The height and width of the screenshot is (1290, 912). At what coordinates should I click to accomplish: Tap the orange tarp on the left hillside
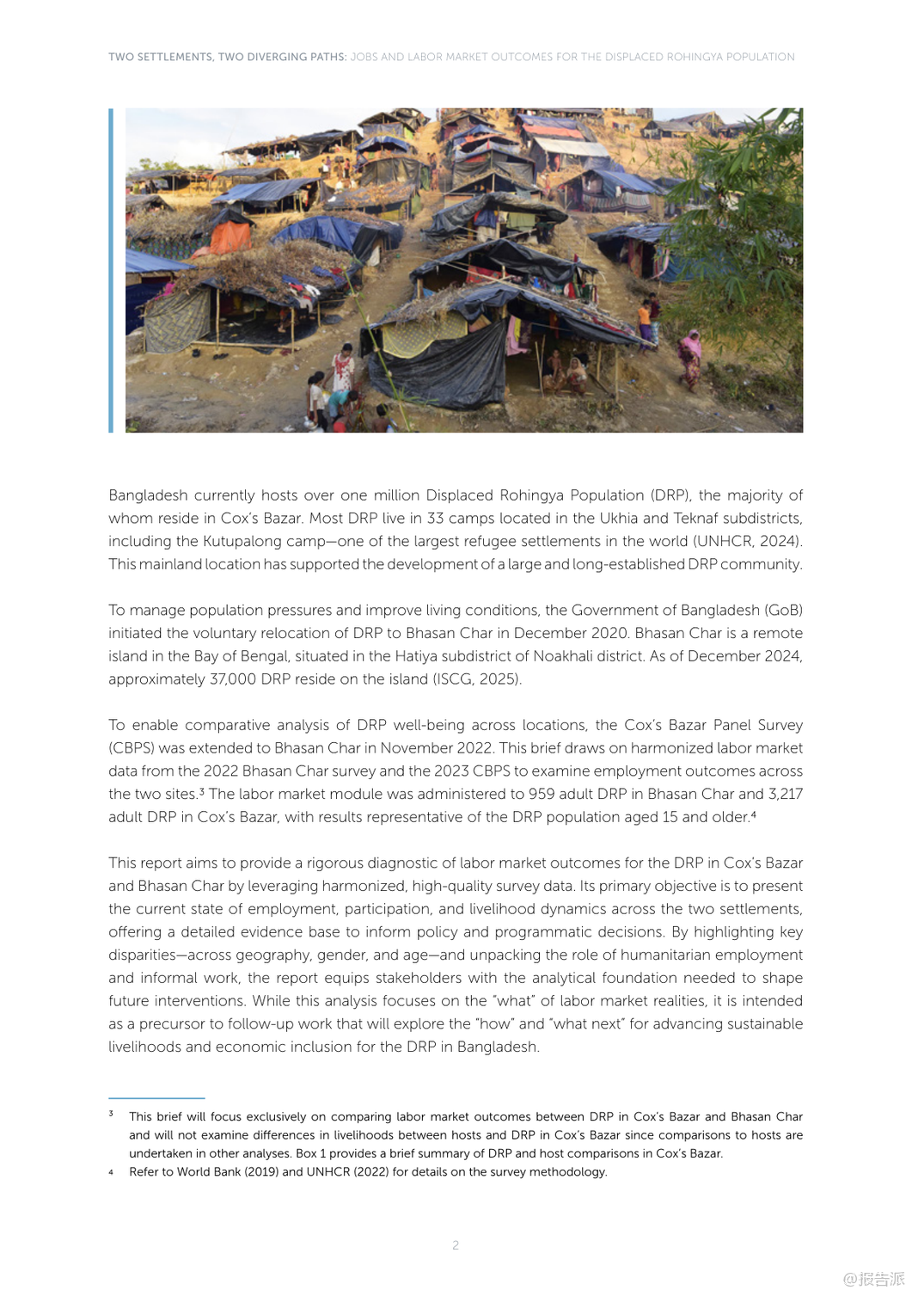coord(230,236)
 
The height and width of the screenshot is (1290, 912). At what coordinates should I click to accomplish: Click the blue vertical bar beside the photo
coord(111,270)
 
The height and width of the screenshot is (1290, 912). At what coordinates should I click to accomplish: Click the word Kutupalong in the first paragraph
coord(243,541)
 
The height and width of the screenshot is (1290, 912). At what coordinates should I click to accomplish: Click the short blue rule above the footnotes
coord(156,1098)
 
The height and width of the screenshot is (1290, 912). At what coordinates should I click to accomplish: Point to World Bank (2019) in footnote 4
coord(229,1171)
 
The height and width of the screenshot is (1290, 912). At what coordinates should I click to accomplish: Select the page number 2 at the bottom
coord(456,1244)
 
